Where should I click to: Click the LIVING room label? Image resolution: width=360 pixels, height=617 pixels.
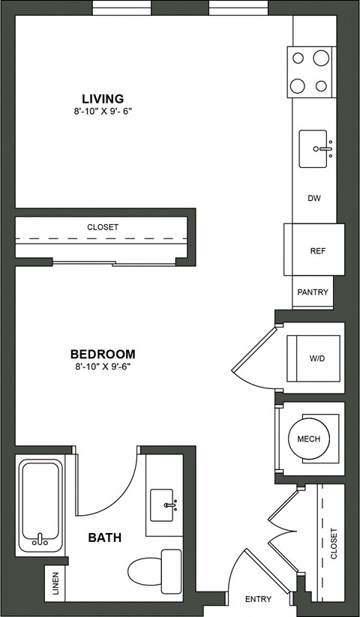pos(103,98)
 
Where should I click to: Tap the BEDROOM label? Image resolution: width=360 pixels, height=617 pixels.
pos(103,354)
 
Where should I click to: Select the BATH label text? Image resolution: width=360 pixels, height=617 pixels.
pos(105,538)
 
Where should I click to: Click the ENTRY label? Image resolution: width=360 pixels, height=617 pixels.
pos(258,599)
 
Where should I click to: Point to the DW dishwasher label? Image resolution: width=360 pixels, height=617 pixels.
pos(314,199)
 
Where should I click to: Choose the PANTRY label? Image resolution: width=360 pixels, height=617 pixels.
pos(313,292)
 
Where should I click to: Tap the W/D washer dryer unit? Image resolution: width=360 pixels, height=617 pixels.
pos(315,358)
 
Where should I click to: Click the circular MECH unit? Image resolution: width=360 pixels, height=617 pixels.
pos(309,439)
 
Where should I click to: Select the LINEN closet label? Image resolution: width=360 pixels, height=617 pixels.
pos(55,583)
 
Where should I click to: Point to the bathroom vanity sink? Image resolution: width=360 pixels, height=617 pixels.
pos(163,505)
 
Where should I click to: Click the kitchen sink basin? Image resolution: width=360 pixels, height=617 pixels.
pos(316,149)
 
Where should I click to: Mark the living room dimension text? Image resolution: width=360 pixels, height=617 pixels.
pos(103,112)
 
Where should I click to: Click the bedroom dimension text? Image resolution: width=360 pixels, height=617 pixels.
pos(103,367)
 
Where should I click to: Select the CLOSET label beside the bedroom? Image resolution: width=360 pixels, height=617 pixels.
pos(103,226)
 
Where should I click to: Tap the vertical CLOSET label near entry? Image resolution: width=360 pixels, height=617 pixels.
pos(334,544)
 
